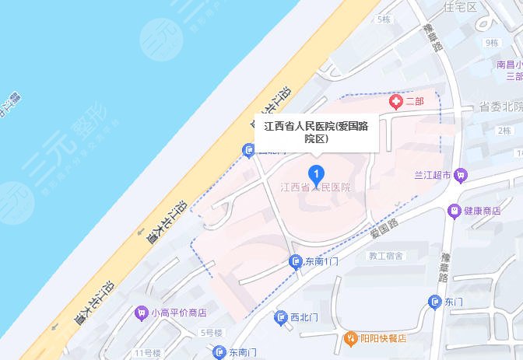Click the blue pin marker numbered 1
316,173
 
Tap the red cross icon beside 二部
395,102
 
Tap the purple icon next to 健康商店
453,211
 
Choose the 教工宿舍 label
386,255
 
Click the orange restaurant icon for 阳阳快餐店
351,339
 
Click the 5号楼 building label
212,332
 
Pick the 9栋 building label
490,43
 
